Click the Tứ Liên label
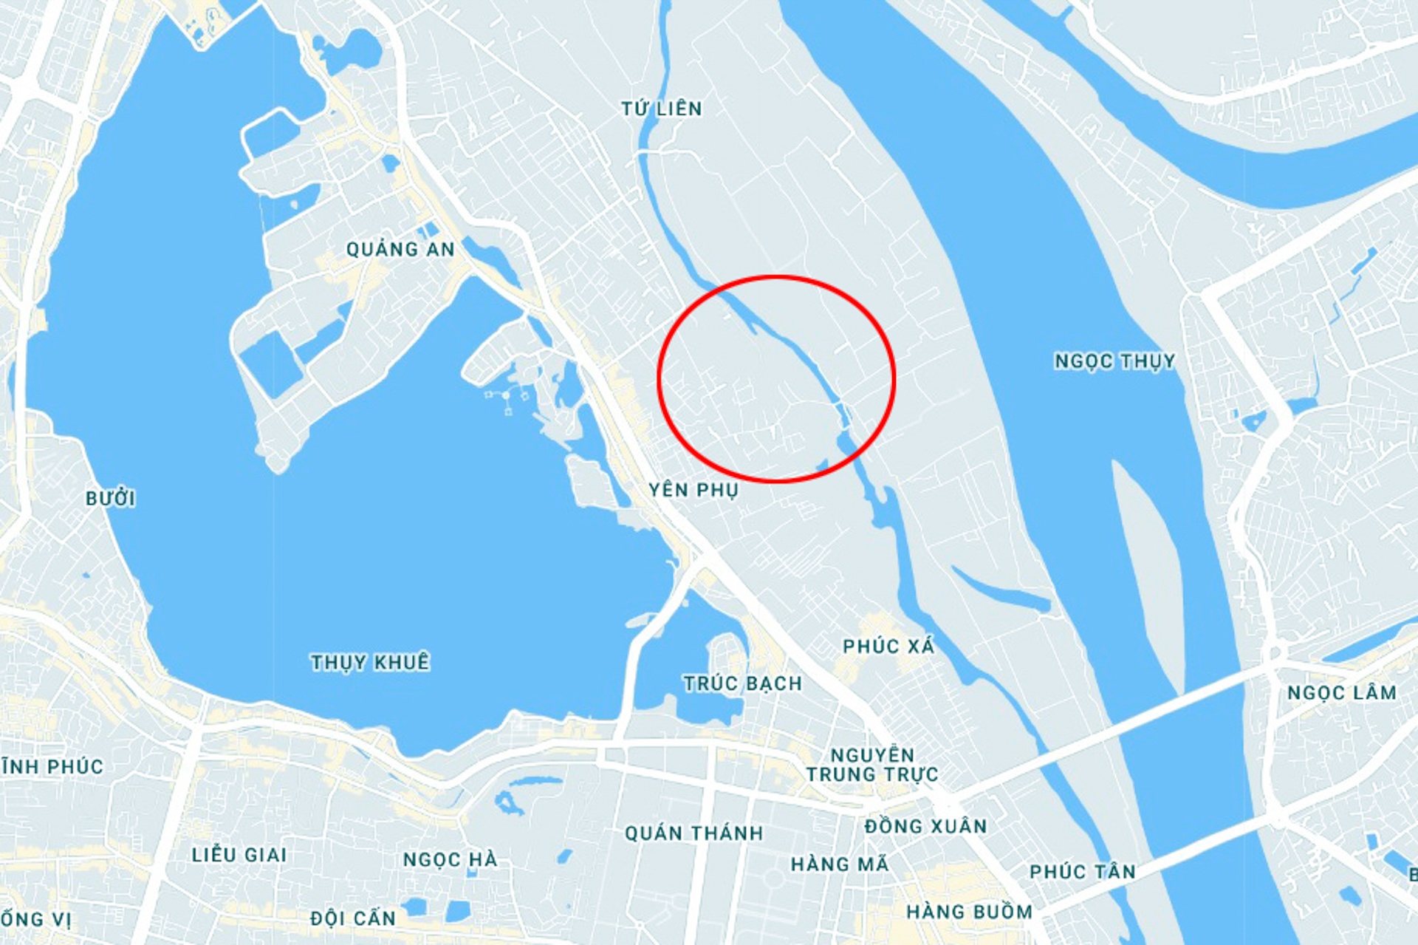pos(661,109)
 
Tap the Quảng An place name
pos(400,249)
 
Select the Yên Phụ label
pos(693,490)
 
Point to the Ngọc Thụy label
pos(1114,361)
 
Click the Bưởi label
pos(111,499)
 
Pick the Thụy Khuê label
pos(370,662)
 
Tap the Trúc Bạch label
pos(742,683)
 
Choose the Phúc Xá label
pos(888,647)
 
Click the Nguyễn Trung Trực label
pos(872,765)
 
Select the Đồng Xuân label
pos(925,826)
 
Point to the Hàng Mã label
pos(840,864)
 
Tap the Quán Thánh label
pos(693,833)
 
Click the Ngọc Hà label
pos(450,859)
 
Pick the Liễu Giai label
pos(239,855)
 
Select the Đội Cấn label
pos(353,918)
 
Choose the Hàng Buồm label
pos(969,912)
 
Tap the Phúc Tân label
pos(1082,872)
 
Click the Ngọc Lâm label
pos(1341,693)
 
